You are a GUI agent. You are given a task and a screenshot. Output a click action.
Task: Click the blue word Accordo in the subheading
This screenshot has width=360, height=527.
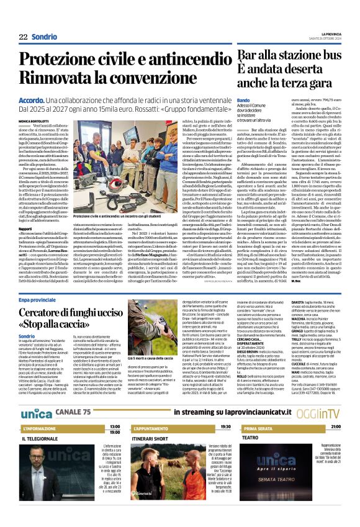pos(31,100)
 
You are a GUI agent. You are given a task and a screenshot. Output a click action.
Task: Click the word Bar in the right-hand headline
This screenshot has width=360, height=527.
pos(233,56)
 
